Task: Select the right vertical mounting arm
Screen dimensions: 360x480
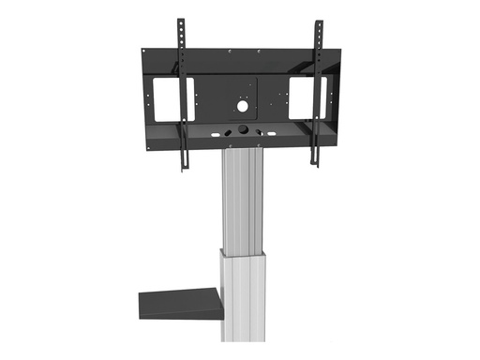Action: tap(318, 94)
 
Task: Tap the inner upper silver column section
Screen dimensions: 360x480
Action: tap(242, 202)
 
